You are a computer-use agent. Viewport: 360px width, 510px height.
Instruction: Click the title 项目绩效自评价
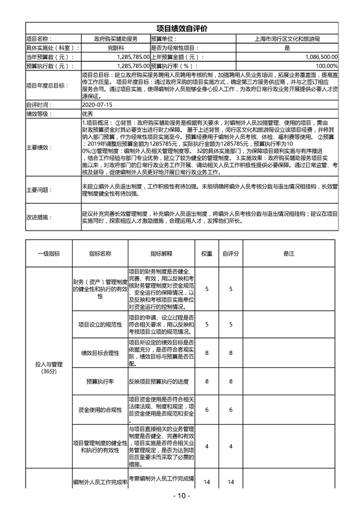coord(181,28)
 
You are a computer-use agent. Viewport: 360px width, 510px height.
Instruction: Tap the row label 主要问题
coord(39,190)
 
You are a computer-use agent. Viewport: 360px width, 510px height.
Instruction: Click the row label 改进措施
coord(39,217)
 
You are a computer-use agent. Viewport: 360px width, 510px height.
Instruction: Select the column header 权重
coord(207,253)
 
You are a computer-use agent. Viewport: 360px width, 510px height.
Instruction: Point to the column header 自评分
coord(231,253)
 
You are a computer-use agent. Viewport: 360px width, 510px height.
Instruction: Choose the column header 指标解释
coord(161,253)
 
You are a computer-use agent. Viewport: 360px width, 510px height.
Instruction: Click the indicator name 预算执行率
coord(100,381)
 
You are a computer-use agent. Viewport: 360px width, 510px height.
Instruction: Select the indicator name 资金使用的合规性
coord(100,410)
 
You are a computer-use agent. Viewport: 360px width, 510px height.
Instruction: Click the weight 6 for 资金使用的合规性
coord(207,410)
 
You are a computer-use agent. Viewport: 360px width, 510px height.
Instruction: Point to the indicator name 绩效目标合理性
coord(100,353)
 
